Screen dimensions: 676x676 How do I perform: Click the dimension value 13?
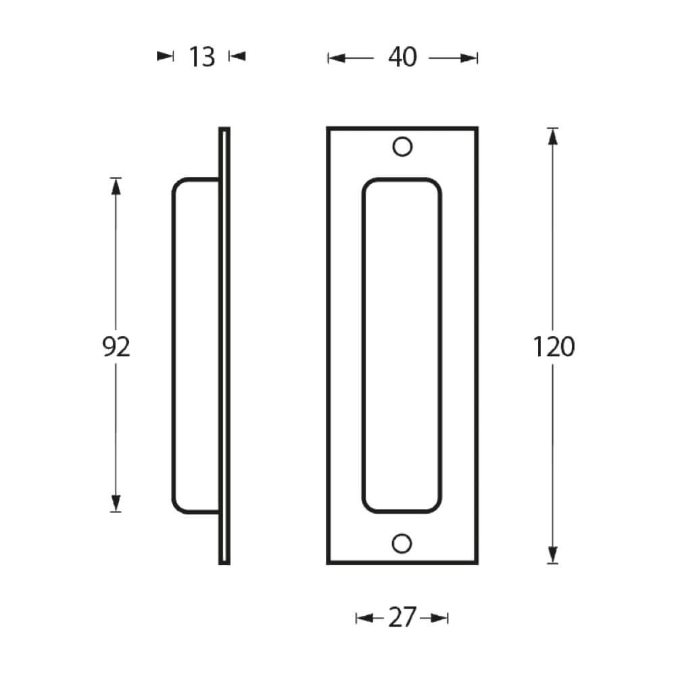[201, 57]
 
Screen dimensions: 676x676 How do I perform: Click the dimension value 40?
[402, 58]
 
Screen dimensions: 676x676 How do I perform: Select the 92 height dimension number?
[116, 347]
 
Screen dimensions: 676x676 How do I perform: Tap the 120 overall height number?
[554, 347]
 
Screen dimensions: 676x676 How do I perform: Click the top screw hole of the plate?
[402, 147]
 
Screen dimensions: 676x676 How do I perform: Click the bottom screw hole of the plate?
[402, 543]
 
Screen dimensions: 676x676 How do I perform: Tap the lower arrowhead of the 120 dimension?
[553, 554]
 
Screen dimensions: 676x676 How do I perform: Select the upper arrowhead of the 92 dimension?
[116, 187]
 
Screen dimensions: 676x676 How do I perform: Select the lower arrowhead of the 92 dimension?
[116, 503]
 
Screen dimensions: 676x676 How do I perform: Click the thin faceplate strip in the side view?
[224, 345]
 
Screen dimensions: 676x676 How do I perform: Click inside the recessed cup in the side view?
[196, 345]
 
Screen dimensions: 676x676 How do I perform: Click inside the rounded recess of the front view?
[402, 345]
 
